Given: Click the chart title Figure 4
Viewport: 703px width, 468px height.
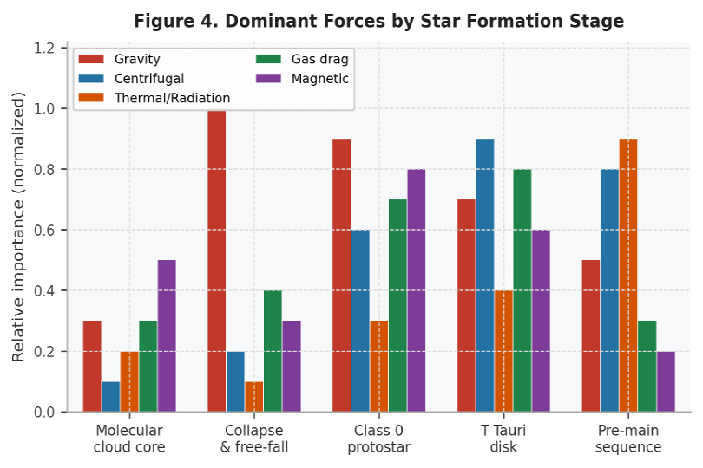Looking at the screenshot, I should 378,22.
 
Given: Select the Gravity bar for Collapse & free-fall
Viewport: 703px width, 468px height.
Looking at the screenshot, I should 216,260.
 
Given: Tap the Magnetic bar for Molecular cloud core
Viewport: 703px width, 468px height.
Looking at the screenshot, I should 167,336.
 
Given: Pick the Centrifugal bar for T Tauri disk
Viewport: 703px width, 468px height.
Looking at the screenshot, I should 484,276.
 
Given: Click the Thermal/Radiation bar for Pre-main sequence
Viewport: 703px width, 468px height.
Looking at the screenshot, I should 628,276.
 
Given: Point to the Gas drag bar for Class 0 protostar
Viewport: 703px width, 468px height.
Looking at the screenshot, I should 397,306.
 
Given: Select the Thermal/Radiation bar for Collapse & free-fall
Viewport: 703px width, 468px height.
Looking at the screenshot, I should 253,397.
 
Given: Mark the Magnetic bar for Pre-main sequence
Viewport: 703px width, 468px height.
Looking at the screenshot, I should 666,381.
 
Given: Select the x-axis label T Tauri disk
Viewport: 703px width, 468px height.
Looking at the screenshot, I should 503,439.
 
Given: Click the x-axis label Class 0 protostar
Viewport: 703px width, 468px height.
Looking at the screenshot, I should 378,439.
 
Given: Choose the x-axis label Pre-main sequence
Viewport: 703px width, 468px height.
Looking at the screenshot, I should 628,439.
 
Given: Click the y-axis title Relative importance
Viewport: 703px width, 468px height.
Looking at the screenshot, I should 19,227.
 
